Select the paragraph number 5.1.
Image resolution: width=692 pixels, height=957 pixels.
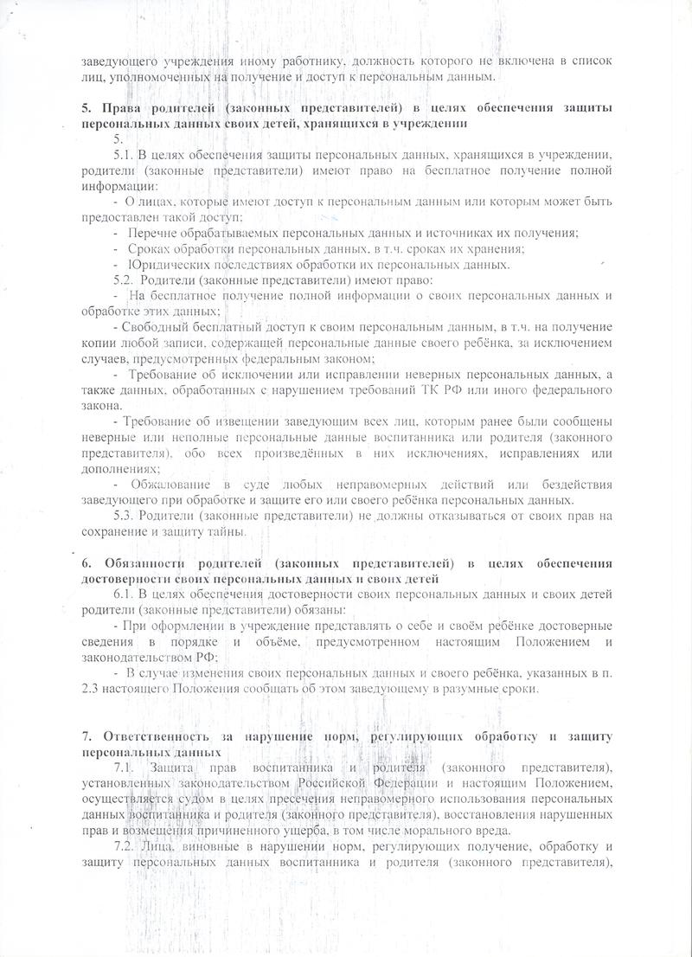point(123,154)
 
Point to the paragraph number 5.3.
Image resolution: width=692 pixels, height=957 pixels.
point(125,516)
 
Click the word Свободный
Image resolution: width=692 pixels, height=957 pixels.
point(156,327)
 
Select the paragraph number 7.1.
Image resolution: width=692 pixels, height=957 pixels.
point(125,768)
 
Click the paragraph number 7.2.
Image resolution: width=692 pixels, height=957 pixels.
point(125,845)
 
